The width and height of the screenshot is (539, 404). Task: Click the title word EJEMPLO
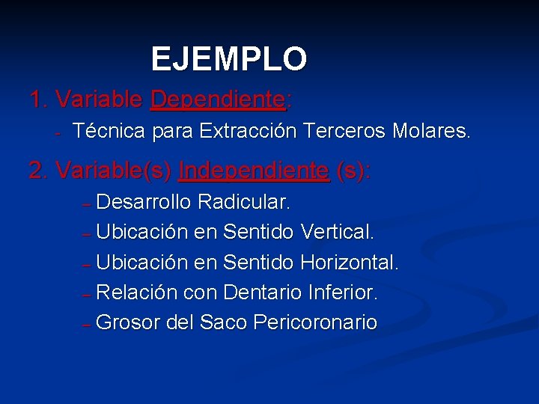229,59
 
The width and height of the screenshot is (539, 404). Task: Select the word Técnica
109,132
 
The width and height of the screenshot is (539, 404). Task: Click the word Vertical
337,232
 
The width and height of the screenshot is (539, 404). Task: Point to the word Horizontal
350,262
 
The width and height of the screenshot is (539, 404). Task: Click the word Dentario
262,292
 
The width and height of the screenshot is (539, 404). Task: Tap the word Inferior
343,292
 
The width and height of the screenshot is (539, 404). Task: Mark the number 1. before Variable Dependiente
39,99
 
